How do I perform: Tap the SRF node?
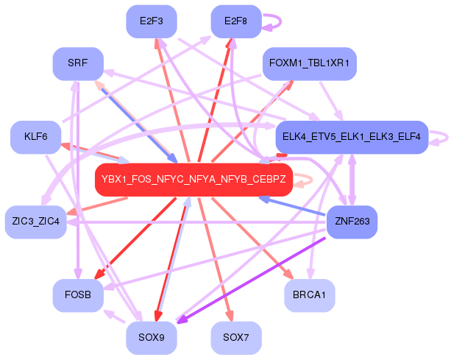78,64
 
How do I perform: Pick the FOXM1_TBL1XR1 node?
310,64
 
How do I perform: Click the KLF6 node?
35,137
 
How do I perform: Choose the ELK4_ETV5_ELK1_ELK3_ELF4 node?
352,137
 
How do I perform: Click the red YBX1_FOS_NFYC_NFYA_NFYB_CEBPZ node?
194,180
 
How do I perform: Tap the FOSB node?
78,294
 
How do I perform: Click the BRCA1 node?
310,294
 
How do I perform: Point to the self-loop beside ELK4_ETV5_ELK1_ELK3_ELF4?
441,137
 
